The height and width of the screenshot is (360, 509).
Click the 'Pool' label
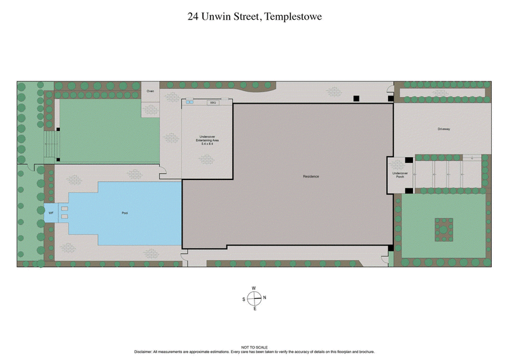[125, 213]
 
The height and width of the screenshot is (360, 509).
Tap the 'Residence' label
[310, 176]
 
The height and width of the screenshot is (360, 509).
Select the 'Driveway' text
[443, 129]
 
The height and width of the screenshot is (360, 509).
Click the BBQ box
[213, 102]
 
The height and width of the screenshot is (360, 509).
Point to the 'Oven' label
[150, 92]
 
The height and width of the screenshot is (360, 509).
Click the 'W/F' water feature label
[51, 213]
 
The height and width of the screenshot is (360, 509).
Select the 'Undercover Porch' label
[400, 175]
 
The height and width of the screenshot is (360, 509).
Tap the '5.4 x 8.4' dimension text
[207, 144]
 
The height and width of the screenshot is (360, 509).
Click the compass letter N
[265, 298]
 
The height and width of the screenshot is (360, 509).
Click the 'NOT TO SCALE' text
[254, 347]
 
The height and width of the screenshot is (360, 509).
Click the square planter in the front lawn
[443, 227]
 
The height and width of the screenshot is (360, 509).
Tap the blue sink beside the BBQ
[190, 102]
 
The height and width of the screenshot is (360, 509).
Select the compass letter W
[254, 288]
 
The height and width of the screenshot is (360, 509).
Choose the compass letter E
[254, 308]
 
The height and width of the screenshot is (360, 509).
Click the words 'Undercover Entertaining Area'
[207, 137]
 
